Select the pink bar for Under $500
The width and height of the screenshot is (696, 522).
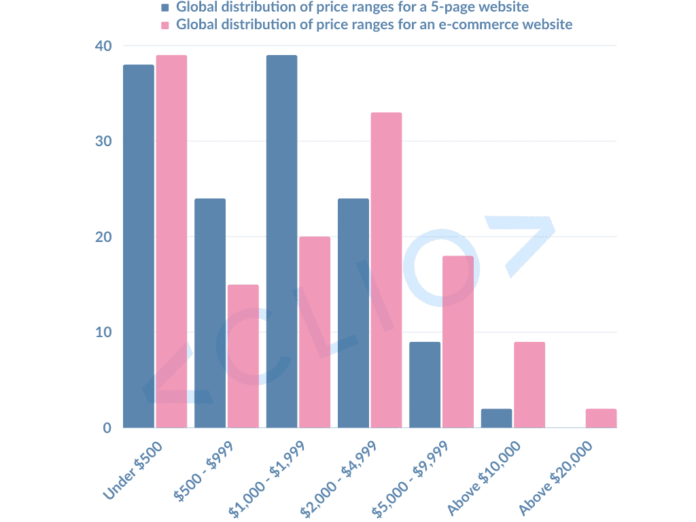[171, 241]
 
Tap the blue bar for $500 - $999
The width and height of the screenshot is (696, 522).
[210, 313]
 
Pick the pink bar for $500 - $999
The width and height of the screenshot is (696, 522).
[243, 356]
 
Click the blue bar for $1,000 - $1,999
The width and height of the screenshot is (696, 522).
[281, 241]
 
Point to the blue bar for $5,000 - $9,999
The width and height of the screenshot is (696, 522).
[425, 385]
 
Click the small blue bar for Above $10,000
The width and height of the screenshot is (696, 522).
[497, 418]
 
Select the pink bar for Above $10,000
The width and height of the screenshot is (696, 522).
[529, 385]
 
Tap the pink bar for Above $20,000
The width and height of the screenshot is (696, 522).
[601, 418]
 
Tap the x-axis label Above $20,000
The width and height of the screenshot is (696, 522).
[555, 477]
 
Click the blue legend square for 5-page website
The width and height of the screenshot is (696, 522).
[164, 8]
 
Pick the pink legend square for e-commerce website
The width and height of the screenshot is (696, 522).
[164, 25]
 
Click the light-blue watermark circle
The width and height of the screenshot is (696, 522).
[441, 268]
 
